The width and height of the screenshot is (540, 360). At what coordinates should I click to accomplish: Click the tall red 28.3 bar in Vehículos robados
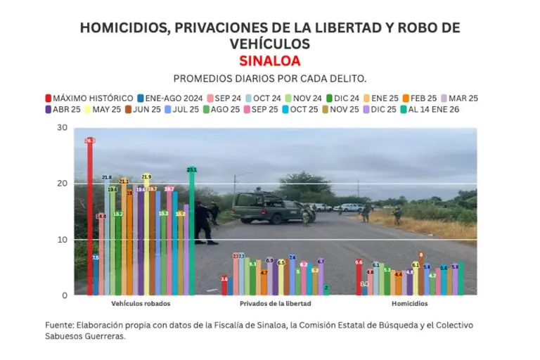coord(90,218)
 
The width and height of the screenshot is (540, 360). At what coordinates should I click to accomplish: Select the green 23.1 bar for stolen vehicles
coord(191,232)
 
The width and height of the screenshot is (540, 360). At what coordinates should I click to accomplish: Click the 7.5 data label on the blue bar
coord(96,258)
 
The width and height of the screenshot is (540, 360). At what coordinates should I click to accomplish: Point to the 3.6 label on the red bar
coord(224,279)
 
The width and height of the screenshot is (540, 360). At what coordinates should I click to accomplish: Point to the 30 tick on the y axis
coord(63,128)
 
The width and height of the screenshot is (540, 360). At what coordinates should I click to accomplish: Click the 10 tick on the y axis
coord(63,240)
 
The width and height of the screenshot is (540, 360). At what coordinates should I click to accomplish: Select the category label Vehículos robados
coord(141,304)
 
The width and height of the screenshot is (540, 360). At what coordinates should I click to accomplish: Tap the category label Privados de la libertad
coord(274,304)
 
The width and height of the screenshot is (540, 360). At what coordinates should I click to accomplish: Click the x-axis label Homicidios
coord(409,304)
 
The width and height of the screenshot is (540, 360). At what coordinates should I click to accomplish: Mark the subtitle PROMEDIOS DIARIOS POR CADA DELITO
coord(270,78)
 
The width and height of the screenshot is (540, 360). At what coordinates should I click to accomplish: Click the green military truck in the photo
coord(271,207)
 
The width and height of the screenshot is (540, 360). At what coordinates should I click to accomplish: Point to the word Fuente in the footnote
coord(60,325)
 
